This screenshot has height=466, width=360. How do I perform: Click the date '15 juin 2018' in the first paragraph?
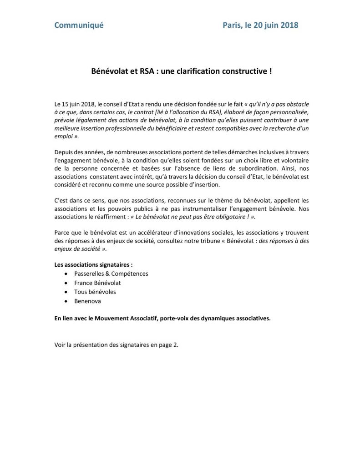pyautogui.click(x=77, y=104)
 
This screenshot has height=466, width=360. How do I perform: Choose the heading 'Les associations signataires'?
pyautogui.click(x=93, y=264)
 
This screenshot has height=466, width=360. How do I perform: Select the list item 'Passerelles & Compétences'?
pyautogui.click(x=111, y=274)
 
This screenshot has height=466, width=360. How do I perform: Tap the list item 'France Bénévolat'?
pyautogui.click(x=97, y=283)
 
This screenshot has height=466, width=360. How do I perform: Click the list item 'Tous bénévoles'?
pyautogui.click(x=95, y=292)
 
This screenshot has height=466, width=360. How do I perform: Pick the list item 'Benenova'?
pyautogui.click(x=87, y=301)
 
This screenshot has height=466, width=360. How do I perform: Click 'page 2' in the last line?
pyautogui.click(x=169, y=344)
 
